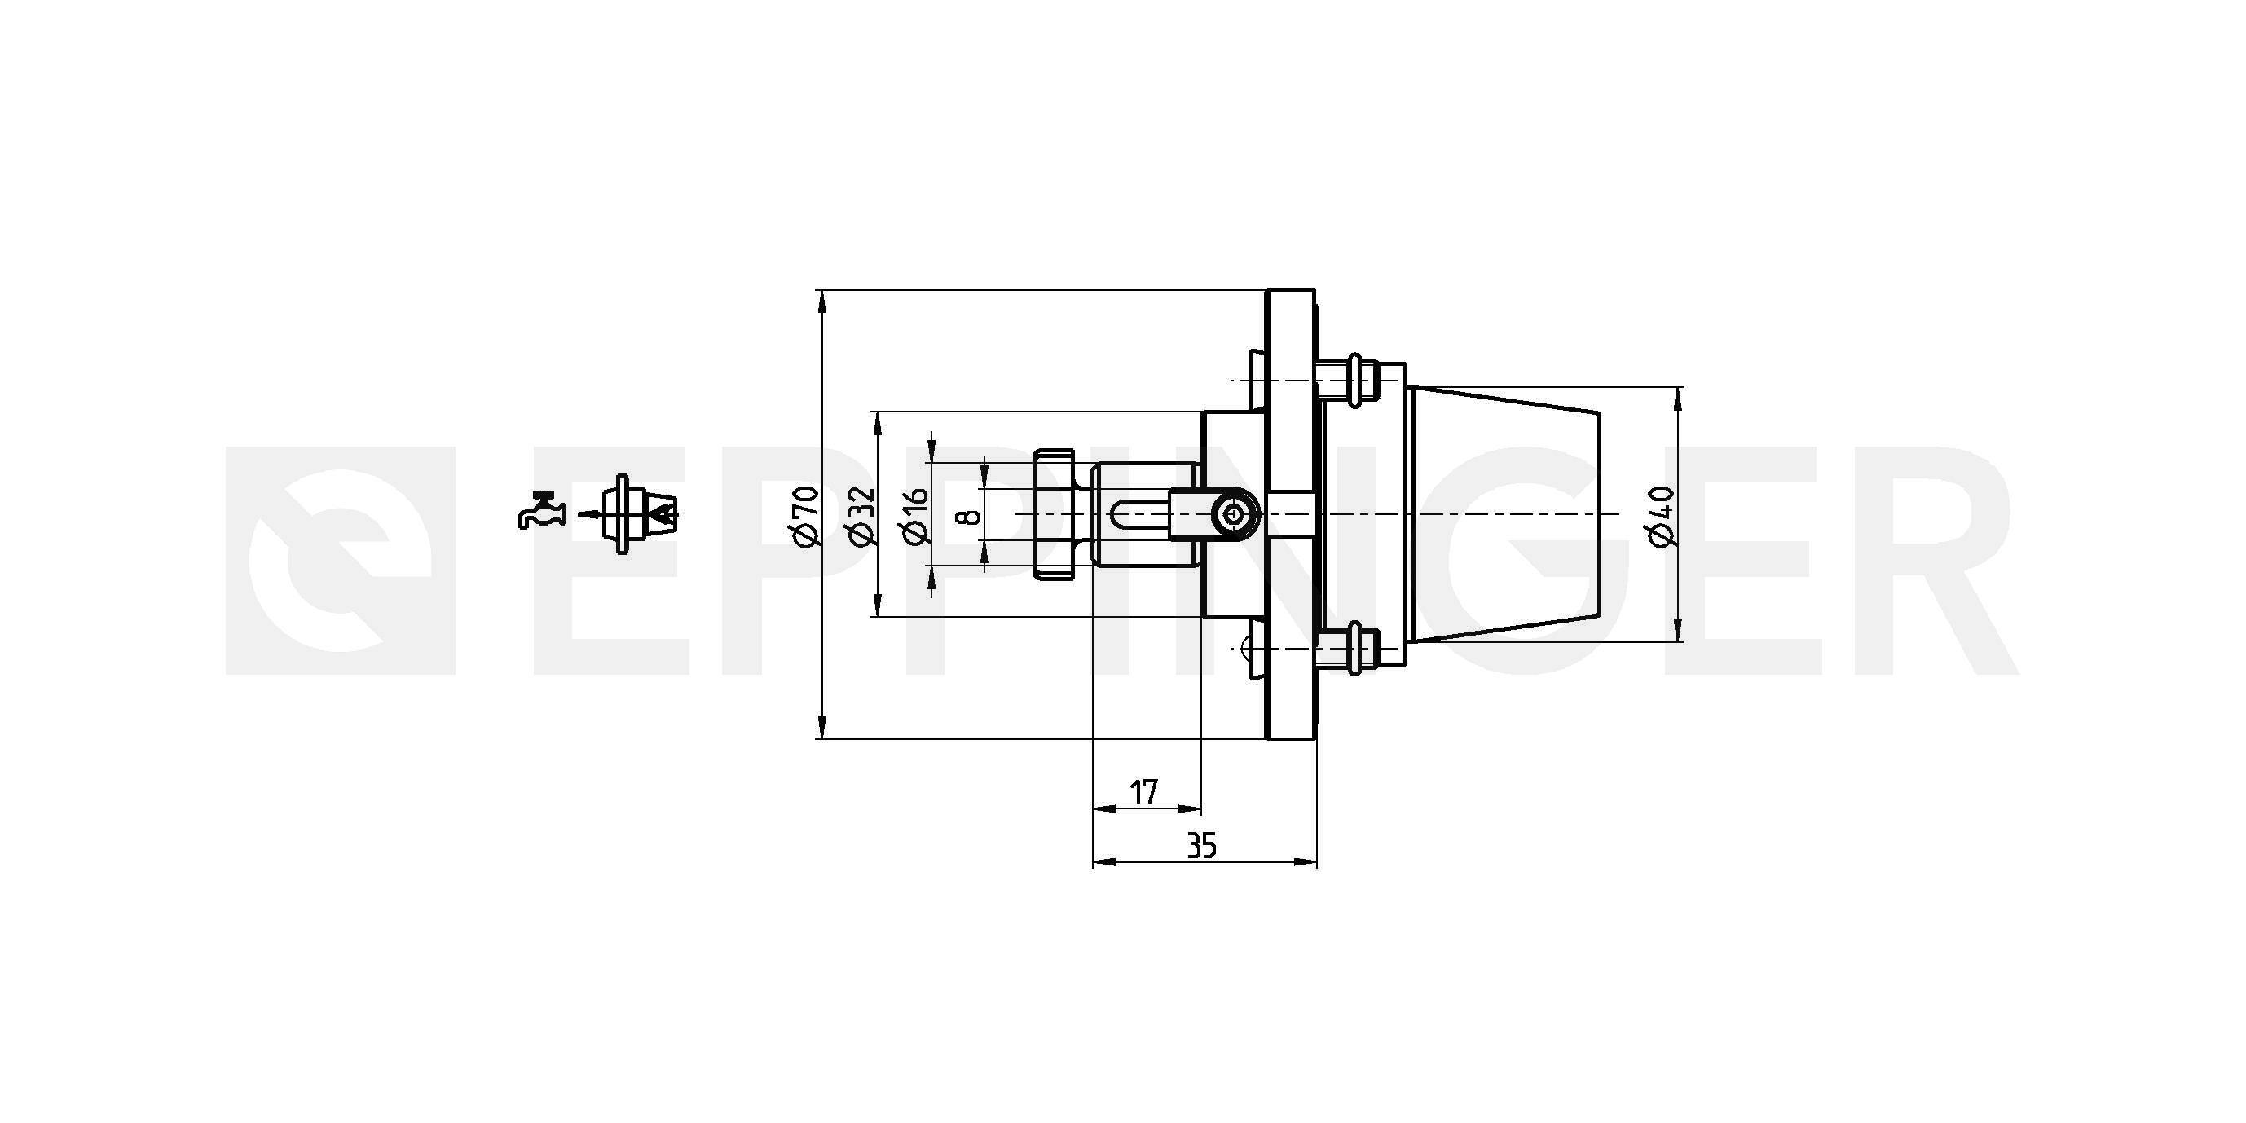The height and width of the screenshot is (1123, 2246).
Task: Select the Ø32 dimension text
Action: tap(861, 515)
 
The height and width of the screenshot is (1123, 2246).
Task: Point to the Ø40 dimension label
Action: tap(1662, 515)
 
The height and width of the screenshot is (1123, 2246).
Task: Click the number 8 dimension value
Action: tap(969, 515)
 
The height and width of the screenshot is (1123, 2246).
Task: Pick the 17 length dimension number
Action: tap(1144, 793)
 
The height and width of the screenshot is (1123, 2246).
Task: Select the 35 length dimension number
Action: tap(1201, 846)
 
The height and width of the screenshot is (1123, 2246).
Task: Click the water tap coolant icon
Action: tap(541, 510)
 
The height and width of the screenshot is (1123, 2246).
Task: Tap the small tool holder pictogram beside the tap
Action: tap(641, 513)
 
